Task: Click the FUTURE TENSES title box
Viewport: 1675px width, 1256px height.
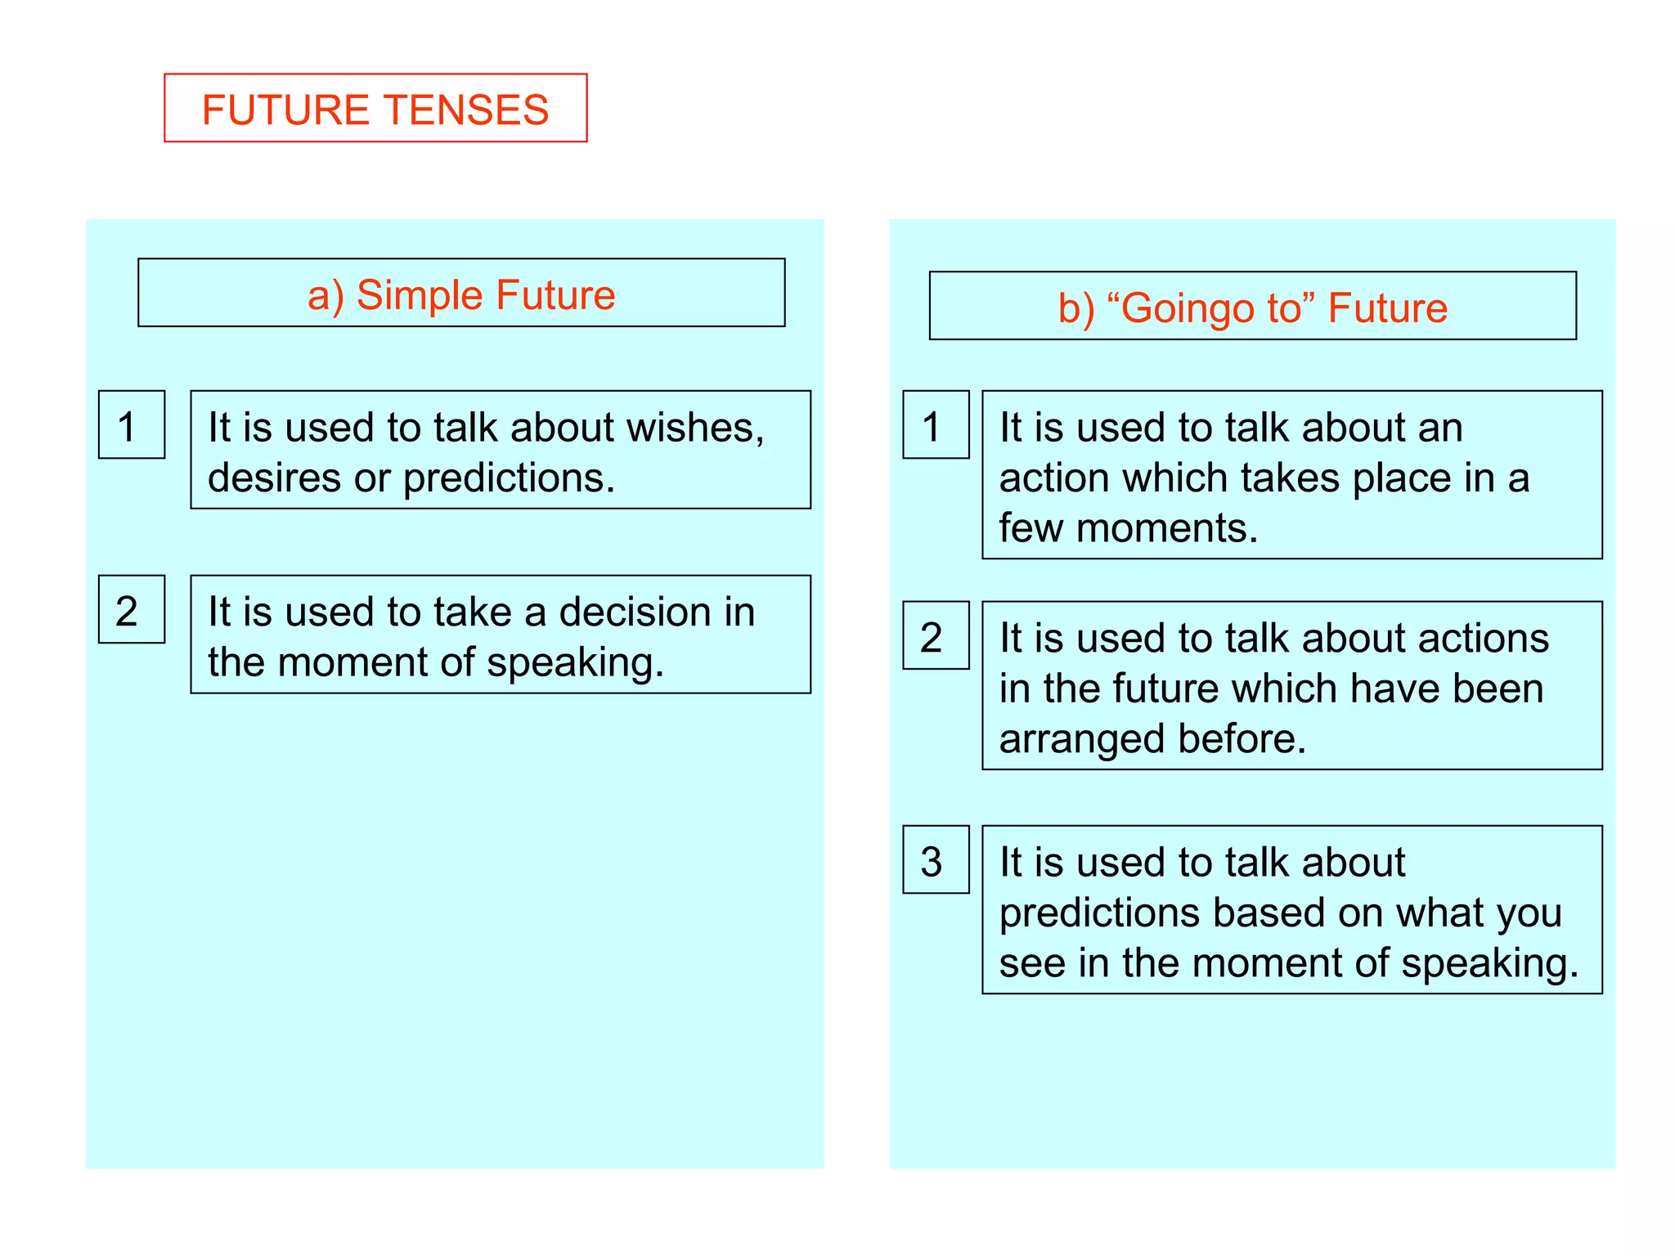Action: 375,108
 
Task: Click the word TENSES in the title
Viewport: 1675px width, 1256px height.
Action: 467,110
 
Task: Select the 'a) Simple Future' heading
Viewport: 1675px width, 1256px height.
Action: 461,294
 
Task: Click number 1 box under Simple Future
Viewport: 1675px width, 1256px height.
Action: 131,425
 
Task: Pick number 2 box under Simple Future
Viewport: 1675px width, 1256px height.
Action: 131,610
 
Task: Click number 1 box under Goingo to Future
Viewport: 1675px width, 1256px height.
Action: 936,425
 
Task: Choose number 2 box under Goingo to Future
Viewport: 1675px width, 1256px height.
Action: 936,636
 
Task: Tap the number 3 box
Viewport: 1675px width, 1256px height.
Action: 936,860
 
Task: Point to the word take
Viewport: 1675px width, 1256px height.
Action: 472,612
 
